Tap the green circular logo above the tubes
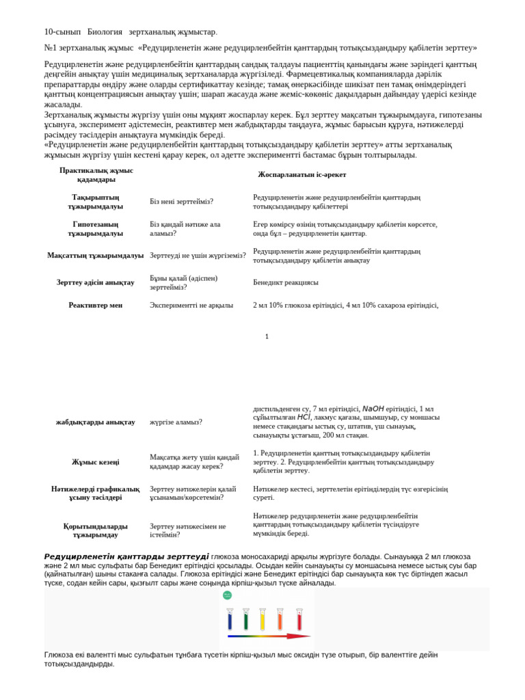tap(227, 595)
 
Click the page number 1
tap(267, 336)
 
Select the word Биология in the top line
tap(105, 31)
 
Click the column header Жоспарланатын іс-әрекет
tap(301, 174)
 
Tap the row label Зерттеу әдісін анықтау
tap(95, 282)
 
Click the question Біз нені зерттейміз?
tap(181, 202)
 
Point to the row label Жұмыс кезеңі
tap(95, 462)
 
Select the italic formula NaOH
tap(373, 408)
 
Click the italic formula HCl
tap(304, 417)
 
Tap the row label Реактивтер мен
tap(95, 305)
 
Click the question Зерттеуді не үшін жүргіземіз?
tap(198, 256)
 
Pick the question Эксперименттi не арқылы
tap(191, 305)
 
